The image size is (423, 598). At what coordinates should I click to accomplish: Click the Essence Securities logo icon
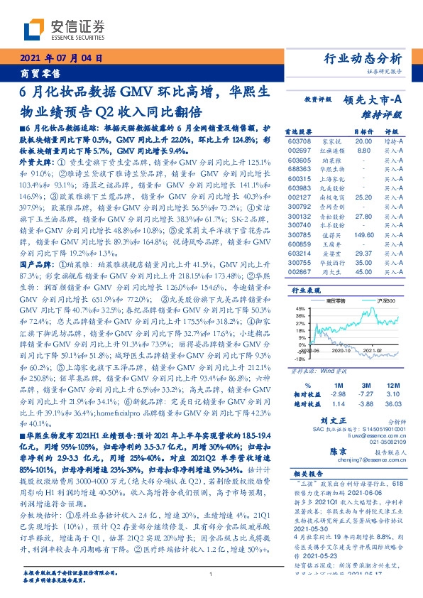(34, 30)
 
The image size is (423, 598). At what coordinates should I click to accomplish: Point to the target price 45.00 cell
(363, 271)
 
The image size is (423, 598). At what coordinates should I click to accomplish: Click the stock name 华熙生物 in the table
(332, 171)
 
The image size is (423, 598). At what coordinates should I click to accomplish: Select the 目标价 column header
(363, 132)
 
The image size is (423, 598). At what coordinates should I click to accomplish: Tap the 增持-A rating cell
(394, 142)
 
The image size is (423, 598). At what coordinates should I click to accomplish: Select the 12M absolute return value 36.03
(394, 403)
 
